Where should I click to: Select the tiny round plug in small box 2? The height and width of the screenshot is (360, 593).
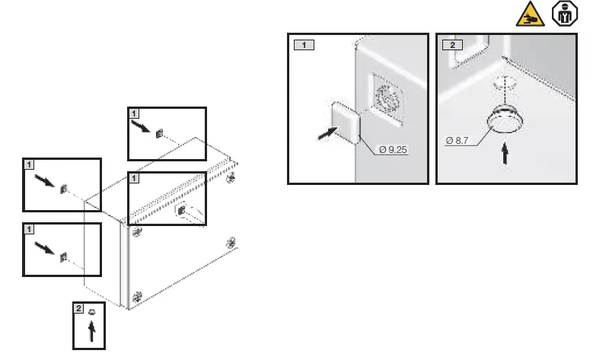click(91, 313)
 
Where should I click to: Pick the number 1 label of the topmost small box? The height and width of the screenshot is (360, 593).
click(134, 112)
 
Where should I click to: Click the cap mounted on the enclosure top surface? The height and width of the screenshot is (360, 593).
click(182, 209)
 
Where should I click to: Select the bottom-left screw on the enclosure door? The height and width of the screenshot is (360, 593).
click(138, 295)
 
